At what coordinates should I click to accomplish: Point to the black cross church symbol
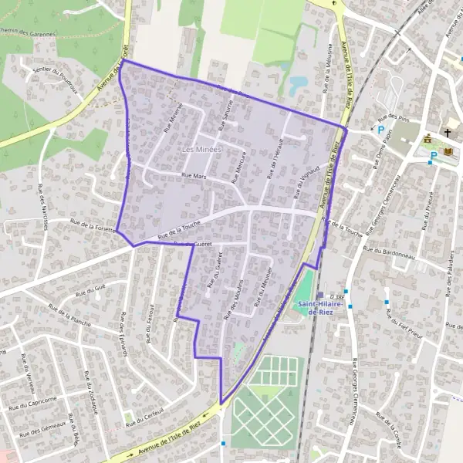pyautogui.click(x=447, y=133)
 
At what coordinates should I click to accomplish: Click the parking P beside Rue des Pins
pyautogui.click(x=380, y=130)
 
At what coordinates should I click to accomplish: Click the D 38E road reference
pyautogui.click(x=336, y=294)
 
